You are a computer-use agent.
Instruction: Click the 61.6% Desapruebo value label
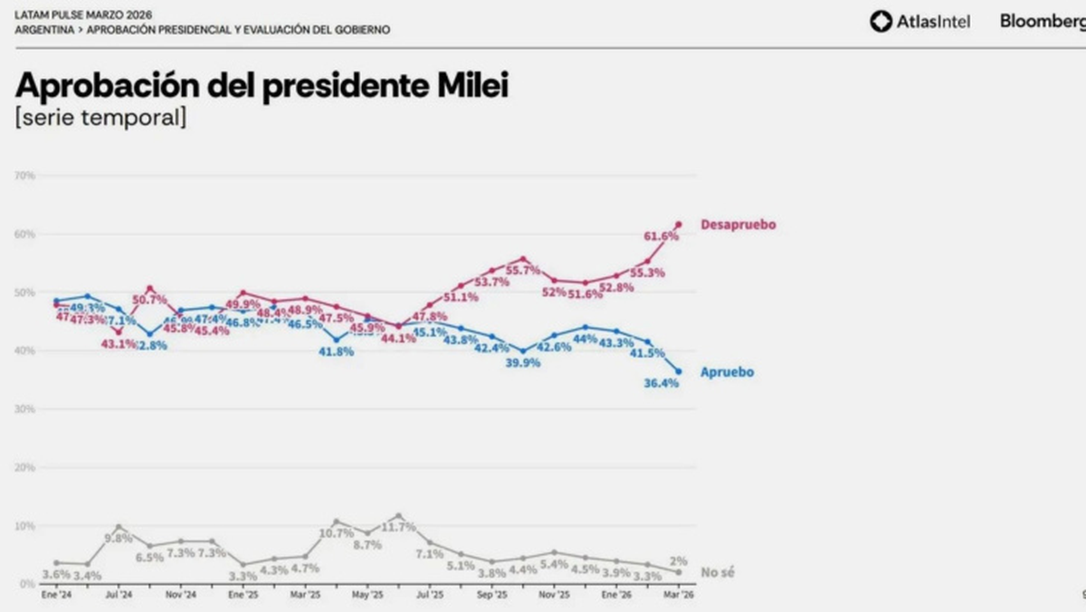[x=661, y=236]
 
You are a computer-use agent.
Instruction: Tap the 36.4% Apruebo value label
[x=661, y=383]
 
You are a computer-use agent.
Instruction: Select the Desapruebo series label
[x=738, y=225]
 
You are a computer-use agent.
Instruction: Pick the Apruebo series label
[x=727, y=372]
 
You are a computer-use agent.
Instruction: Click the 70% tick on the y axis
[x=24, y=175]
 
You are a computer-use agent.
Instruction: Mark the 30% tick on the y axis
[x=24, y=409]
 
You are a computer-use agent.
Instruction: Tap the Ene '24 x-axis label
[x=56, y=596]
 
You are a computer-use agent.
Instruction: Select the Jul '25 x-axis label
[x=429, y=596]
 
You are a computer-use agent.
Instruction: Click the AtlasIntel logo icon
[x=881, y=21]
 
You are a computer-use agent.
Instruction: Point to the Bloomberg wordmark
[x=1042, y=21]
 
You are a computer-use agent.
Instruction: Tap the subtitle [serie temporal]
[x=100, y=118]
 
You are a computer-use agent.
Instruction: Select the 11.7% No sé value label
[x=398, y=527]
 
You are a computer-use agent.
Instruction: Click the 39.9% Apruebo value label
[x=522, y=363]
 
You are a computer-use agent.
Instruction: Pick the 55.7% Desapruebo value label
[x=523, y=271]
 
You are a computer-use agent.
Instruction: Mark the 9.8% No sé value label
[x=119, y=538]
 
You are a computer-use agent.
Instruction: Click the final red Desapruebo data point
[x=679, y=225]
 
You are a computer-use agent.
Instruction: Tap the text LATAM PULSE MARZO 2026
[x=83, y=15]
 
